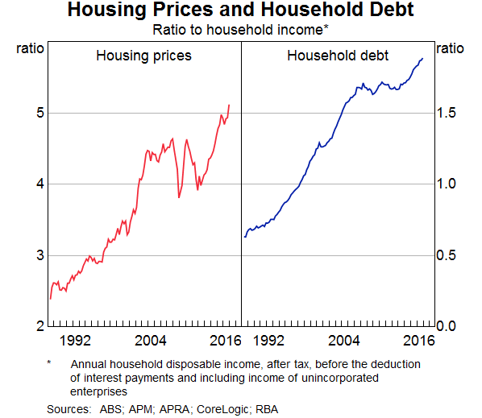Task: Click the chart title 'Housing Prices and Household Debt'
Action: pyautogui.click(x=240, y=11)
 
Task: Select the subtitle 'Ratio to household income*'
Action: pyautogui.click(x=240, y=31)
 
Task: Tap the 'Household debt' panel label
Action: pyautogui.click(x=338, y=56)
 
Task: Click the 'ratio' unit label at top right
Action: pyautogui.click(x=450, y=48)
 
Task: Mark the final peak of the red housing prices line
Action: pyautogui.click(x=230, y=105)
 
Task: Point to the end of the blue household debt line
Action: pyautogui.click(x=422, y=58)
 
